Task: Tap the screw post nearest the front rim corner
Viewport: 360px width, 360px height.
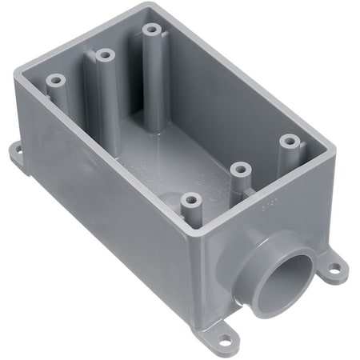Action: click(189, 200)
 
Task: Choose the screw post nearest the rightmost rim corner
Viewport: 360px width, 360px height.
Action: click(289, 142)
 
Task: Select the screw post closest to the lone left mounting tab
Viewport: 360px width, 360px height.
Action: click(55, 80)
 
